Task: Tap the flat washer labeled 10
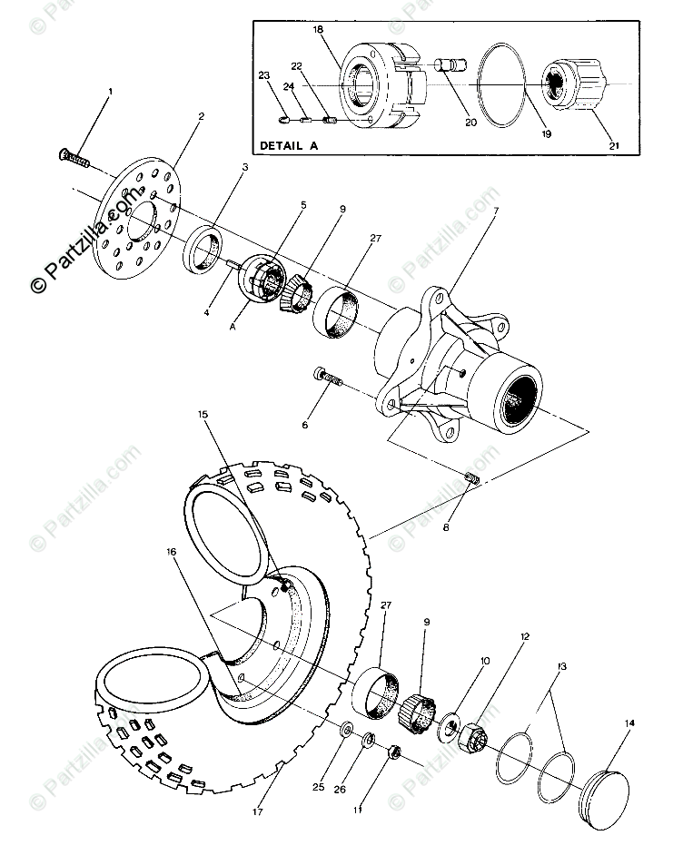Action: click(x=449, y=729)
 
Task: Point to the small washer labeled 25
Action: click(x=348, y=730)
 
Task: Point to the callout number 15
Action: click(x=202, y=415)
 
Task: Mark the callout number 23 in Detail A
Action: click(x=264, y=75)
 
